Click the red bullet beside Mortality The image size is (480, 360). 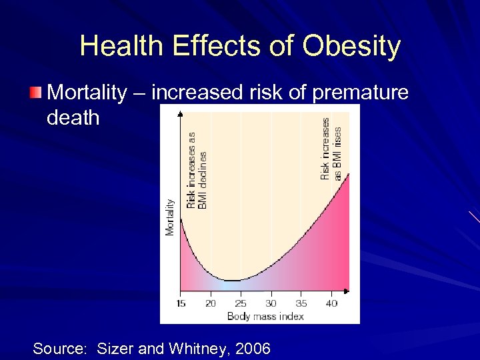pyautogui.click(x=36, y=93)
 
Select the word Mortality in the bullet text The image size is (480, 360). pyautogui.click(x=87, y=93)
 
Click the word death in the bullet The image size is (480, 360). pyautogui.click(x=73, y=118)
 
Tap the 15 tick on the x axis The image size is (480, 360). pyautogui.click(x=181, y=303)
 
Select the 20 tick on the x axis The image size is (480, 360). pyautogui.click(x=211, y=303)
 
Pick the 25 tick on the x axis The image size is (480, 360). pyautogui.click(x=241, y=303)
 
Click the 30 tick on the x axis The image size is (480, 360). pyautogui.click(x=271, y=303)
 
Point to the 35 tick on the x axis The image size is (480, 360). pyautogui.click(x=301, y=303)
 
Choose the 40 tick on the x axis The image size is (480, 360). pyautogui.click(x=331, y=303)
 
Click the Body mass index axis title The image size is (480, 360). pyautogui.click(x=265, y=315)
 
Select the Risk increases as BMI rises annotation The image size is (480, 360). pyautogui.click(x=331, y=149)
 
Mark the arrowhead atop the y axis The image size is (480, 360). pyautogui.click(x=180, y=113)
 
